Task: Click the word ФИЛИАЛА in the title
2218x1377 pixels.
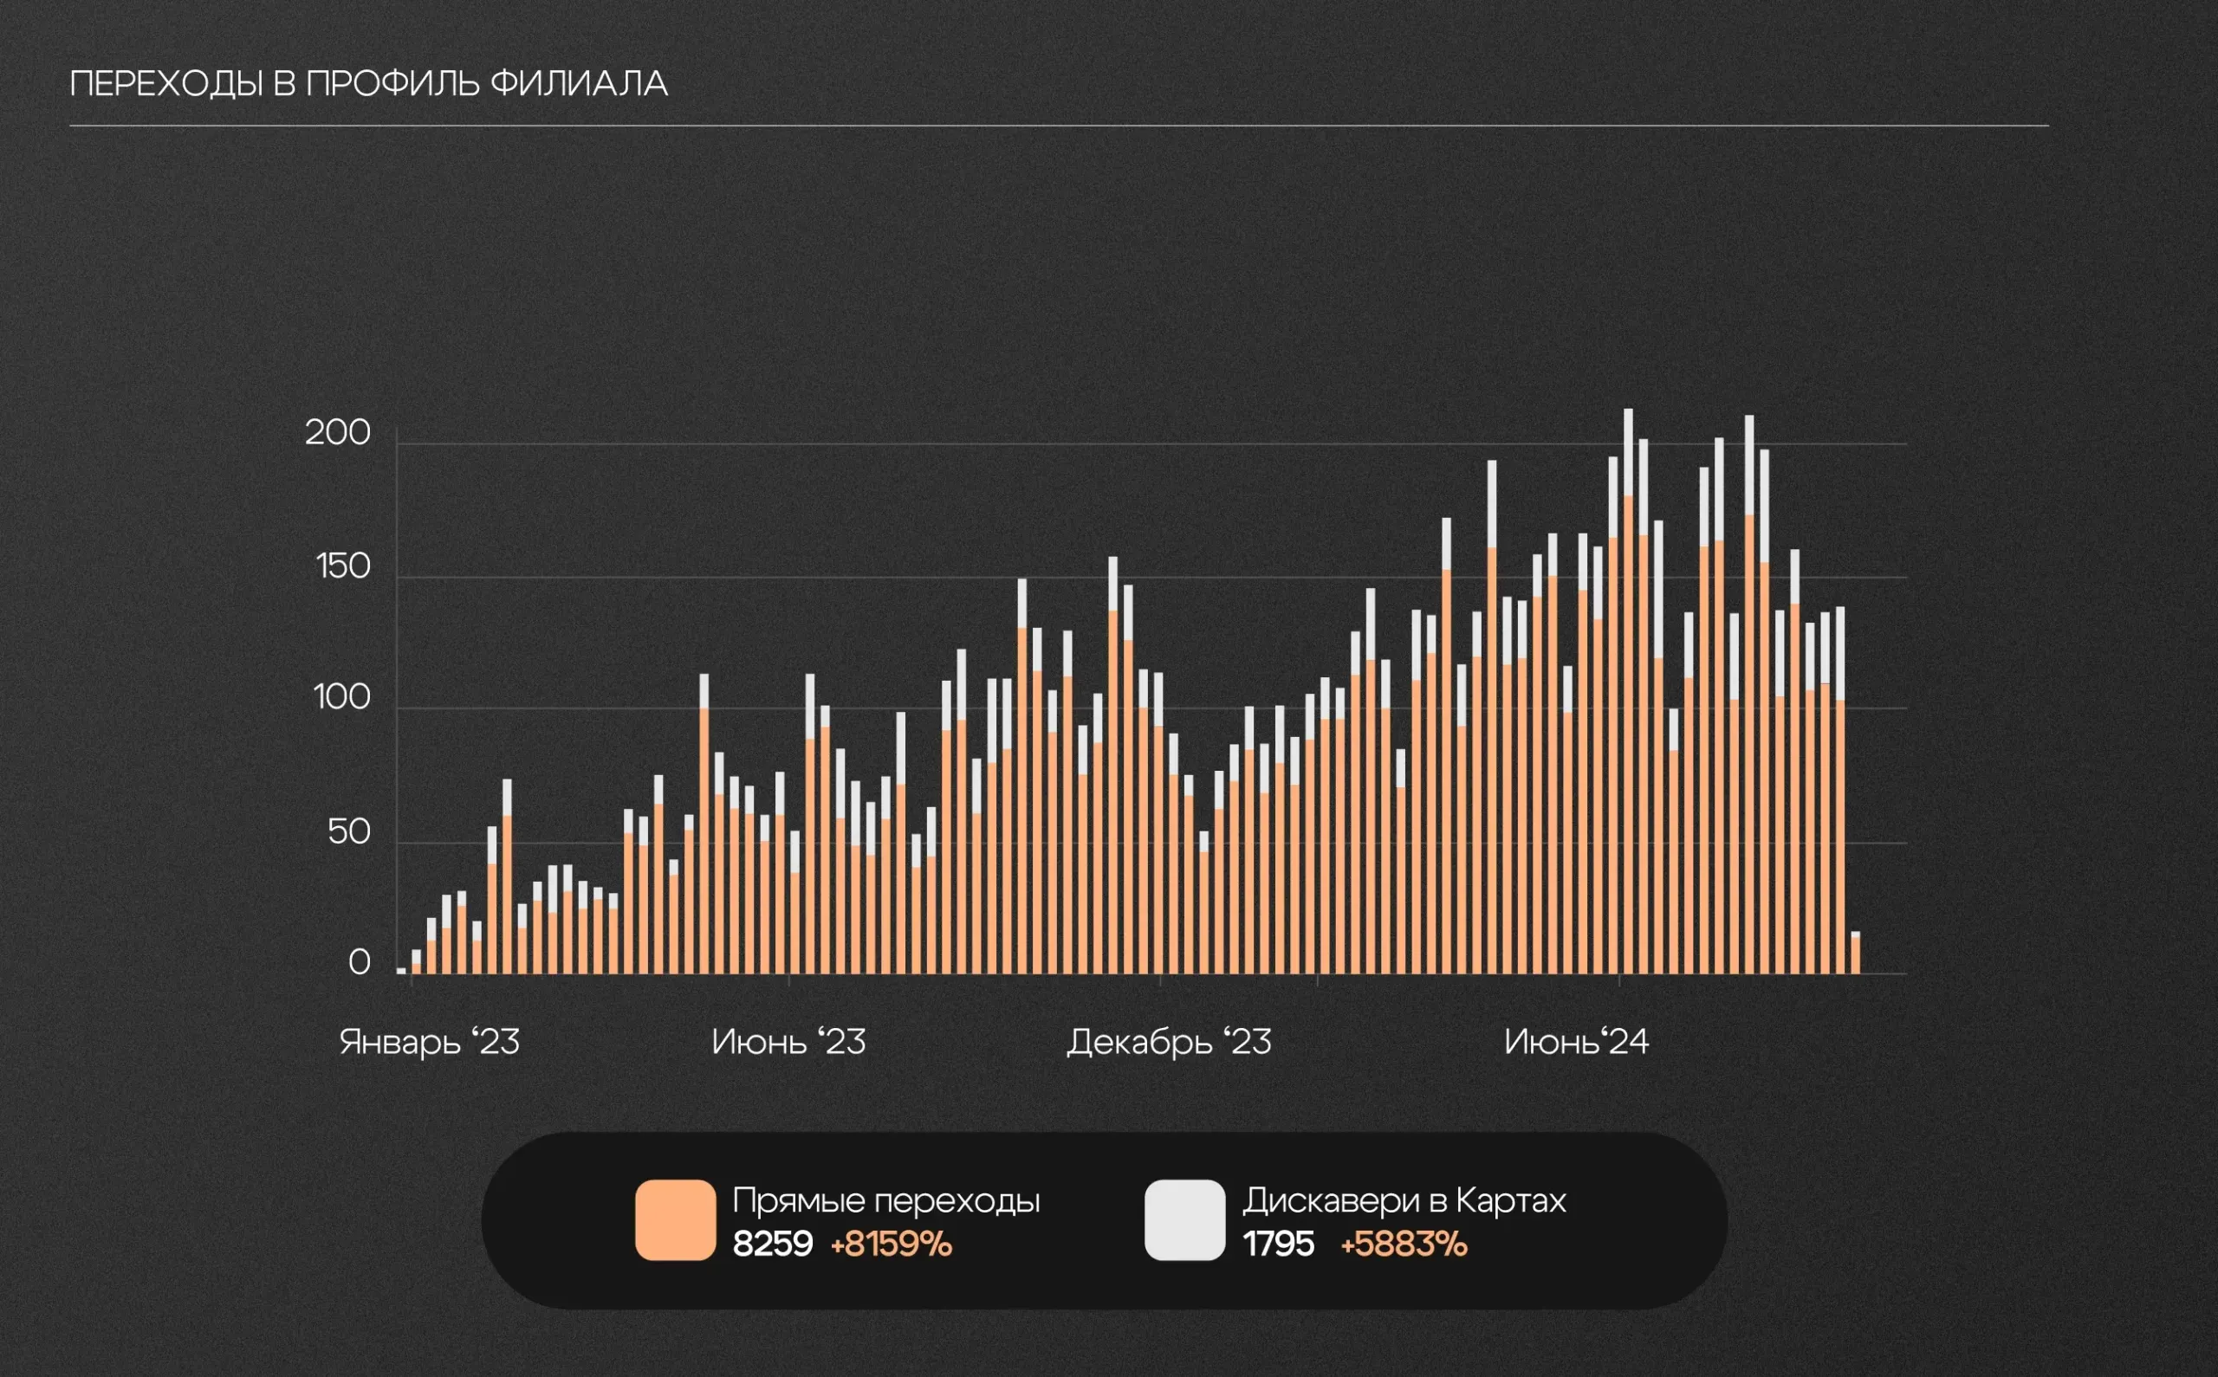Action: [579, 84]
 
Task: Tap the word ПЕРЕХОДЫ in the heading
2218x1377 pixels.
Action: [165, 84]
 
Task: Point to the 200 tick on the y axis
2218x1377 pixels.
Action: [338, 433]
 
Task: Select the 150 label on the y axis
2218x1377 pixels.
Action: [343, 566]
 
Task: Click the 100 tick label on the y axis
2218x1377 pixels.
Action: [341, 698]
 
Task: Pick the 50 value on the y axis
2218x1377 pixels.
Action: [349, 831]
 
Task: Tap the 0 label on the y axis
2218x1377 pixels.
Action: [359, 963]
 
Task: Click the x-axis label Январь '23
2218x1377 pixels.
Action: [429, 1042]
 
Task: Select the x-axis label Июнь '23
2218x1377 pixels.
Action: [788, 1042]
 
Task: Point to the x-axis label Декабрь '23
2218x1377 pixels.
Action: [1169, 1042]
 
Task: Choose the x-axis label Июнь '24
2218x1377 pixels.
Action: [1576, 1042]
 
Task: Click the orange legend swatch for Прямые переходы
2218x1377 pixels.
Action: [675, 1219]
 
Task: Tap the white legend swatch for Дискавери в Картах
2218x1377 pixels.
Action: [1184, 1219]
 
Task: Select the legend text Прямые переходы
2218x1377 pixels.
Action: [885, 1200]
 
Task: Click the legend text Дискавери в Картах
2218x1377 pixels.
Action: [1404, 1200]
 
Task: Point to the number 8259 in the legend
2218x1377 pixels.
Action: [773, 1244]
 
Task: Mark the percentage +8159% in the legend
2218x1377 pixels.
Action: [891, 1244]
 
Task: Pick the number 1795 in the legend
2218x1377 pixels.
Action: [1278, 1244]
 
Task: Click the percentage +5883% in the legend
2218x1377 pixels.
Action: [1404, 1244]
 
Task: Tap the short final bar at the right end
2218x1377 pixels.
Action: [1856, 954]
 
